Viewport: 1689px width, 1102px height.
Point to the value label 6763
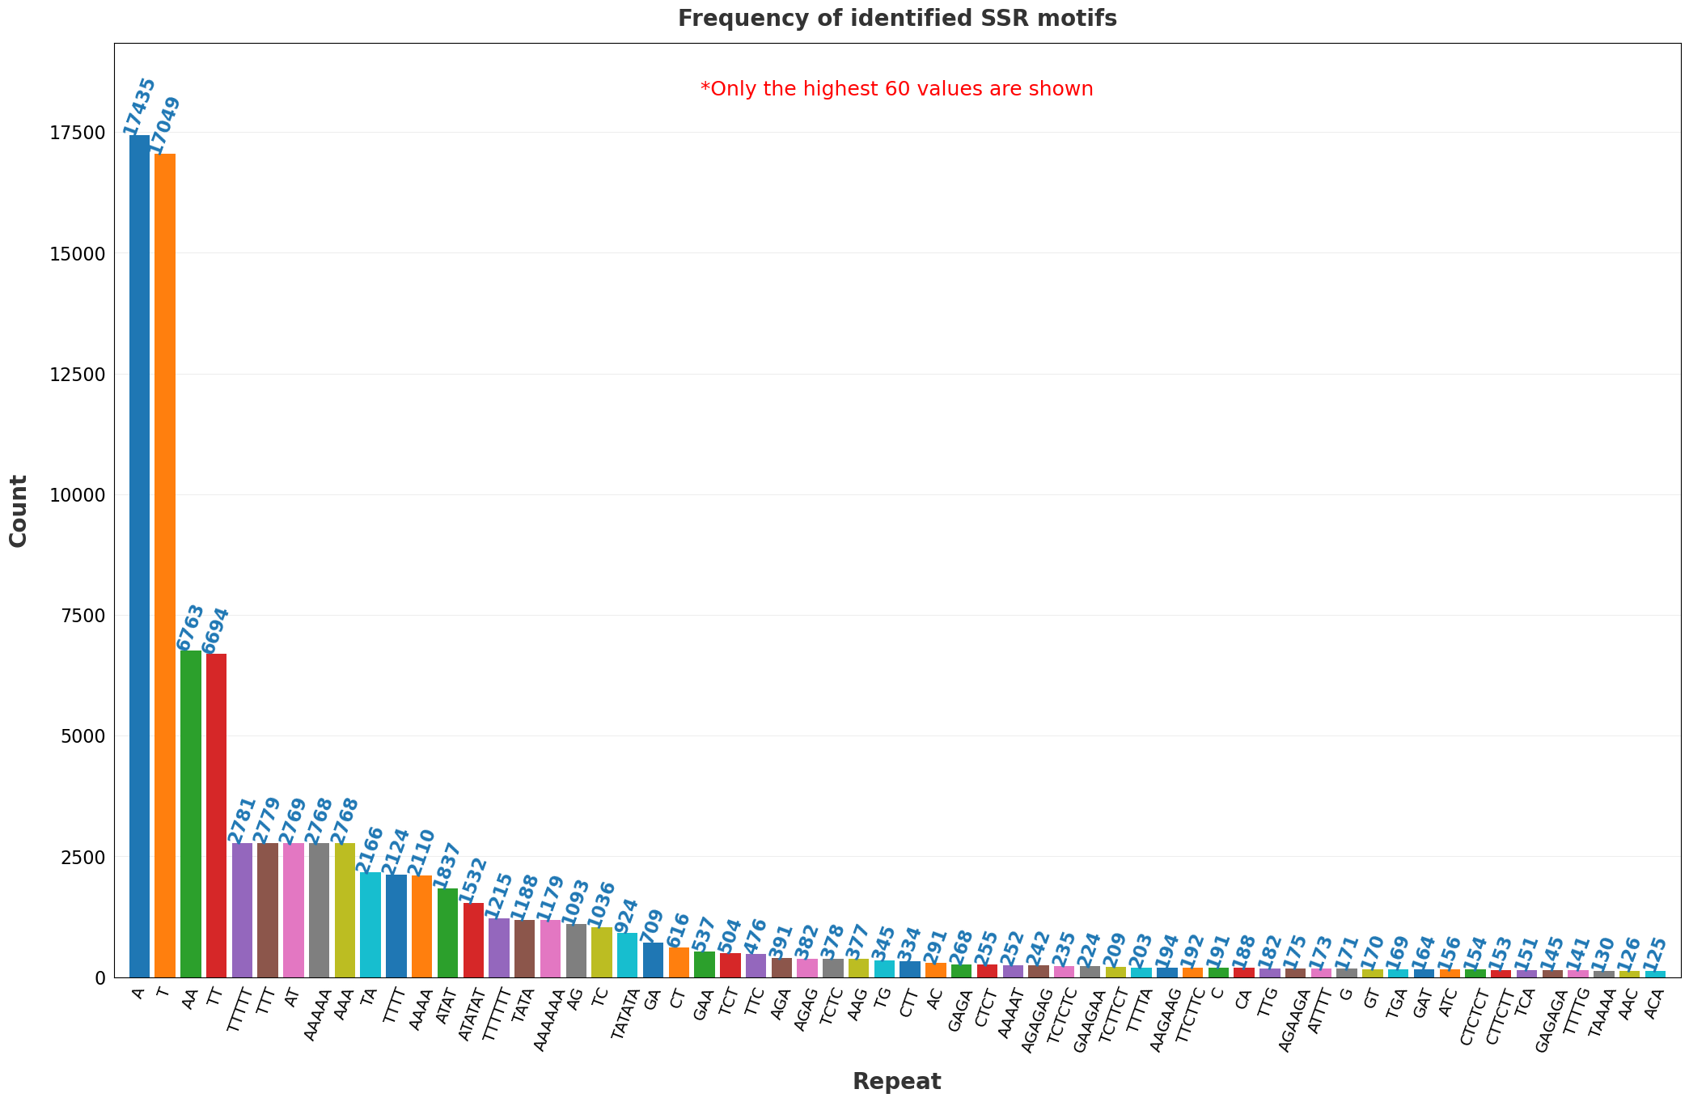(191, 628)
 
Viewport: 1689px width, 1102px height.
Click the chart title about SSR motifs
(897, 19)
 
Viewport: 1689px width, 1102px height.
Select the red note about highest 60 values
(896, 89)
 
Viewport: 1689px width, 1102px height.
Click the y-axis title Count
(19, 511)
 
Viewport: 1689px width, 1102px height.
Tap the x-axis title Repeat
(896, 1082)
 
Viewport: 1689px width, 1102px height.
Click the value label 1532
(473, 880)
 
